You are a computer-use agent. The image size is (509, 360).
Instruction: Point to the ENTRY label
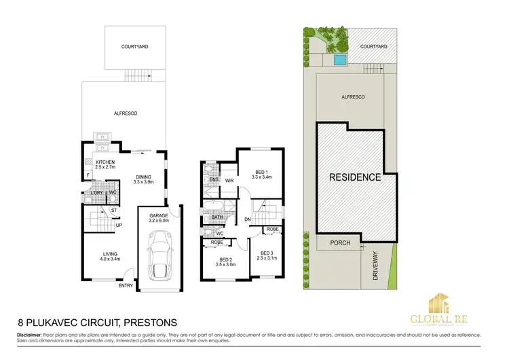[x=126, y=286]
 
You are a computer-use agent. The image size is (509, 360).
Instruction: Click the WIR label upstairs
[x=229, y=181]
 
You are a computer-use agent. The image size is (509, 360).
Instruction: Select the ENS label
[x=212, y=180]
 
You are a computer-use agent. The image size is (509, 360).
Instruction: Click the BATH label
[x=216, y=217]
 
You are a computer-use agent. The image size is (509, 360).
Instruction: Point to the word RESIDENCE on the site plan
[x=355, y=177]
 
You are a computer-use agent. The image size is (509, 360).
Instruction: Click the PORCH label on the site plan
[x=339, y=242]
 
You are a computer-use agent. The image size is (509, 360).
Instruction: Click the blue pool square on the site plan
[x=339, y=60]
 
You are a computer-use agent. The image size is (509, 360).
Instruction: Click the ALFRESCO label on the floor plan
[x=126, y=113]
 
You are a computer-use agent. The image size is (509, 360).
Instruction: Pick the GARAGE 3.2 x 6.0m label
[x=159, y=218]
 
